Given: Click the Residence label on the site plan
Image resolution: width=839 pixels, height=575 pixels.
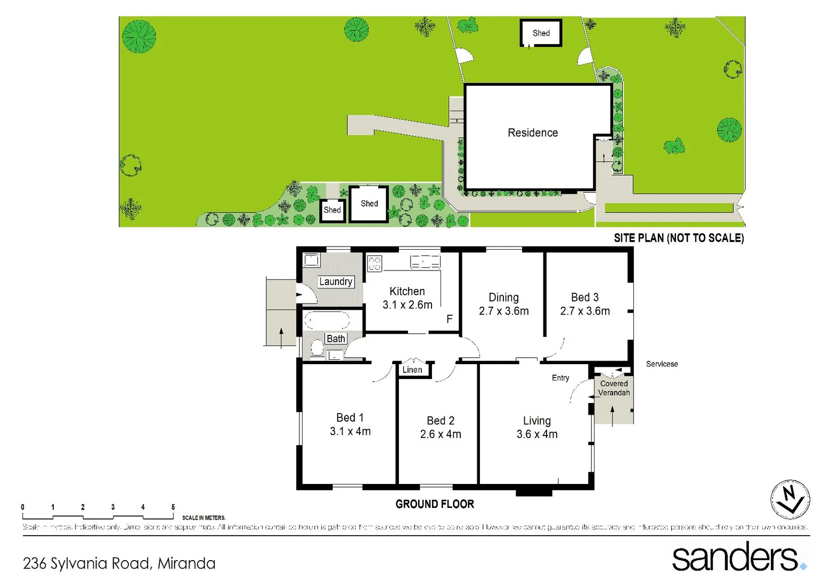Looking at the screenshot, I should pyautogui.click(x=533, y=133).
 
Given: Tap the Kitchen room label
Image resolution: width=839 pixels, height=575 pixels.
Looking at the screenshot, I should pyautogui.click(x=407, y=291).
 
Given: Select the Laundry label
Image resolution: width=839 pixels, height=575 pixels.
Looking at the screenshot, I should pyautogui.click(x=336, y=282).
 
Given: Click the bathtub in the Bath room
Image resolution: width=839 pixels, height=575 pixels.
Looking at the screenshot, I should pyautogui.click(x=326, y=321).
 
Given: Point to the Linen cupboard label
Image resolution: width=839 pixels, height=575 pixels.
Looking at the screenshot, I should pyautogui.click(x=412, y=369).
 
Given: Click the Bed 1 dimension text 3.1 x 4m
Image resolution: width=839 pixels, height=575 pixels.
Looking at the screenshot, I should pyautogui.click(x=350, y=431).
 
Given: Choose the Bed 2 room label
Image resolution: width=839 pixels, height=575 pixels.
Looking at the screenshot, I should pyautogui.click(x=441, y=421).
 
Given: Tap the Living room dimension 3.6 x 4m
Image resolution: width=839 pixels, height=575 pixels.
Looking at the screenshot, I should pyautogui.click(x=537, y=434).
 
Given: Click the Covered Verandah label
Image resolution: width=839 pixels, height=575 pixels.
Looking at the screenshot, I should pyautogui.click(x=614, y=388).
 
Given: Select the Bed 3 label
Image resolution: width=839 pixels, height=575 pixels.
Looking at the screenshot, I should pyautogui.click(x=585, y=297).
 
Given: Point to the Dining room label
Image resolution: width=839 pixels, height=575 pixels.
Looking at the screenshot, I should pyautogui.click(x=503, y=297).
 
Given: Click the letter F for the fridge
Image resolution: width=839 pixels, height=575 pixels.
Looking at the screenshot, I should pyautogui.click(x=450, y=319).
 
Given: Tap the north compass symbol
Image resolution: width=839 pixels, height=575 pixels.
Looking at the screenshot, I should pyautogui.click(x=790, y=499).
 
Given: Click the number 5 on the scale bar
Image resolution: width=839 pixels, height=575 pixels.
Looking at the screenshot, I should pyautogui.click(x=173, y=507).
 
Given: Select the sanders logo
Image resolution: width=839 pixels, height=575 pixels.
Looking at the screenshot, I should pyautogui.click(x=738, y=557).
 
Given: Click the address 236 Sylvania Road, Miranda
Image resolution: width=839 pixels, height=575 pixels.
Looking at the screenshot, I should pyautogui.click(x=119, y=563).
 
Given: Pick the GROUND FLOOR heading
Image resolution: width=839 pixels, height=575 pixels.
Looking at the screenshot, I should pyautogui.click(x=435, y=504).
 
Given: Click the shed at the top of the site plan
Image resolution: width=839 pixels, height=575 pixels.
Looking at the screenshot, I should pyautogui.click(x=541, y=33).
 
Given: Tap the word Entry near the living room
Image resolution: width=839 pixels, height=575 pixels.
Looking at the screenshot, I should pyautogui.click(x=560, y=377).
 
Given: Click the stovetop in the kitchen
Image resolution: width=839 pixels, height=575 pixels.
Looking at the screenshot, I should pyautogui.click(x=374, y=263).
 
